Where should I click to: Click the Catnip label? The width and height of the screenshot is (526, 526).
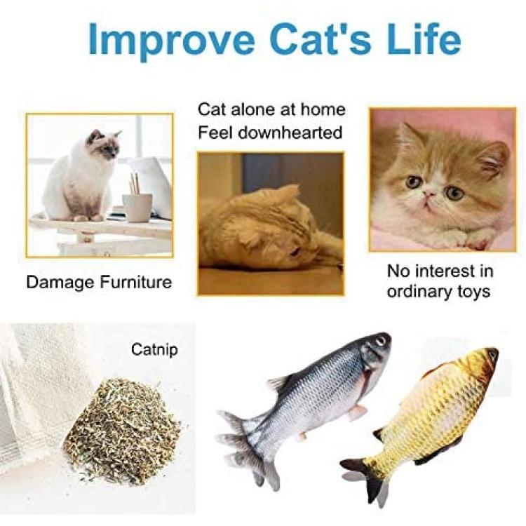(154, 350)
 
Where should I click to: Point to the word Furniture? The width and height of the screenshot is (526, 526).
(135, 282)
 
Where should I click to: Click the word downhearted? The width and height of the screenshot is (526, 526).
(290, 133)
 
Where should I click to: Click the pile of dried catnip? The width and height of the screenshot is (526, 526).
(123, 432)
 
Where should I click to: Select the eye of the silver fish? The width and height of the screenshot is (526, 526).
(381, 341)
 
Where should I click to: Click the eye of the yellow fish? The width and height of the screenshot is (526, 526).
(492, 354)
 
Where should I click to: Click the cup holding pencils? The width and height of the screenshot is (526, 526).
(137, 208)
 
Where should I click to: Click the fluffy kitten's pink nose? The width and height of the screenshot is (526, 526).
(428, 194)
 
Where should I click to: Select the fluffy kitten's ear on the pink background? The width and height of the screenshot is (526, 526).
(494, 159)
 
